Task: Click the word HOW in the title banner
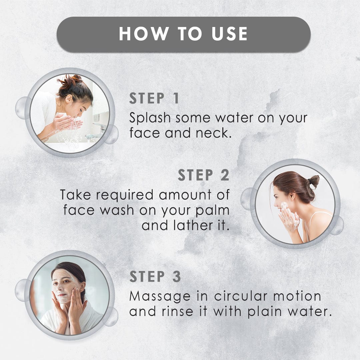pos(144,34)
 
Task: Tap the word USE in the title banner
pos(229,34)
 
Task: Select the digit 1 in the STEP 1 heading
pos(176,98)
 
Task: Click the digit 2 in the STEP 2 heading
pos(225,175)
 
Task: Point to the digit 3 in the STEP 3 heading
pos(177,276)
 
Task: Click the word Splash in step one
pos(150,118)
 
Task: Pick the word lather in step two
pos(193,225)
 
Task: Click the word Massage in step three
pos(160,297)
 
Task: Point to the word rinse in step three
pos(177,312)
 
